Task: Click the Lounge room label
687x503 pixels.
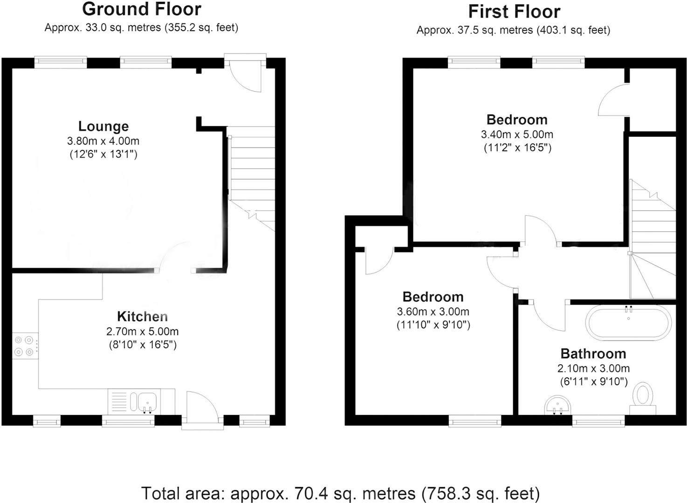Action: point(103,126)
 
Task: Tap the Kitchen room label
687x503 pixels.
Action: point(142,317)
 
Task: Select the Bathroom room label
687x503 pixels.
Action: point(593,353)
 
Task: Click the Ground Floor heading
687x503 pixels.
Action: point(142,9)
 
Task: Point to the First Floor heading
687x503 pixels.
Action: point(514,12)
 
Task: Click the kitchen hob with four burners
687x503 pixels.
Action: point(25,346)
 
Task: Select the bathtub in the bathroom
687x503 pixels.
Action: point(628,322)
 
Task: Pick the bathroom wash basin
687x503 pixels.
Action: point(557,405)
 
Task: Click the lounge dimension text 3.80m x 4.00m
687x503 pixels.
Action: point(103,141)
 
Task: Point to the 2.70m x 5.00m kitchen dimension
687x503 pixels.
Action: point(142,332)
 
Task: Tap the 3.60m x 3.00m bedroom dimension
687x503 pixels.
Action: point(433,312)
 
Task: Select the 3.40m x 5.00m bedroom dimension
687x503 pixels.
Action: point(517,135)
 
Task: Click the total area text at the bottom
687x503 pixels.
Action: point(340,493)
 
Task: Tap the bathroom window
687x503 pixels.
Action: point(598,421)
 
